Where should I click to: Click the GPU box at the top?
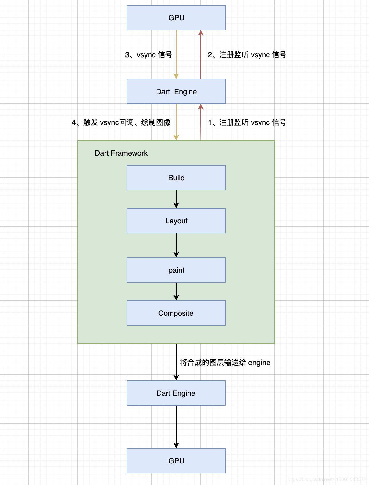(176, 18)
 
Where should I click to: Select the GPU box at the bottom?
(176, 461)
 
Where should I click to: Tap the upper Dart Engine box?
(176, 91)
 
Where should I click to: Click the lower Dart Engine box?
(176, 393)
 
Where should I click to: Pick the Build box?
(176, 178)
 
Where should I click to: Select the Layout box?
(176, 221)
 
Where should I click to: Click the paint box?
(176, 270)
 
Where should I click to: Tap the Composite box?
(176, 313)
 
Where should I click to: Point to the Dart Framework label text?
(121, 153)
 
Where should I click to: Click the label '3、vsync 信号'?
(149, 55)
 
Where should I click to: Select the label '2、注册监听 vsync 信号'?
(247, 55)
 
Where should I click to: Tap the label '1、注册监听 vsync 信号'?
(247, 122)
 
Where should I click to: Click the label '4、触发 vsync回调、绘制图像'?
(121, 122)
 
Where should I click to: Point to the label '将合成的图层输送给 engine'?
(225, 363)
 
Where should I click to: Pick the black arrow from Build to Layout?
(176, 199)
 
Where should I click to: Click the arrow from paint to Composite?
(176, 291)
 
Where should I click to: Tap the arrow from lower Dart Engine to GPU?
(176, 427)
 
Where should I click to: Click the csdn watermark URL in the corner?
(327, 479)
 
